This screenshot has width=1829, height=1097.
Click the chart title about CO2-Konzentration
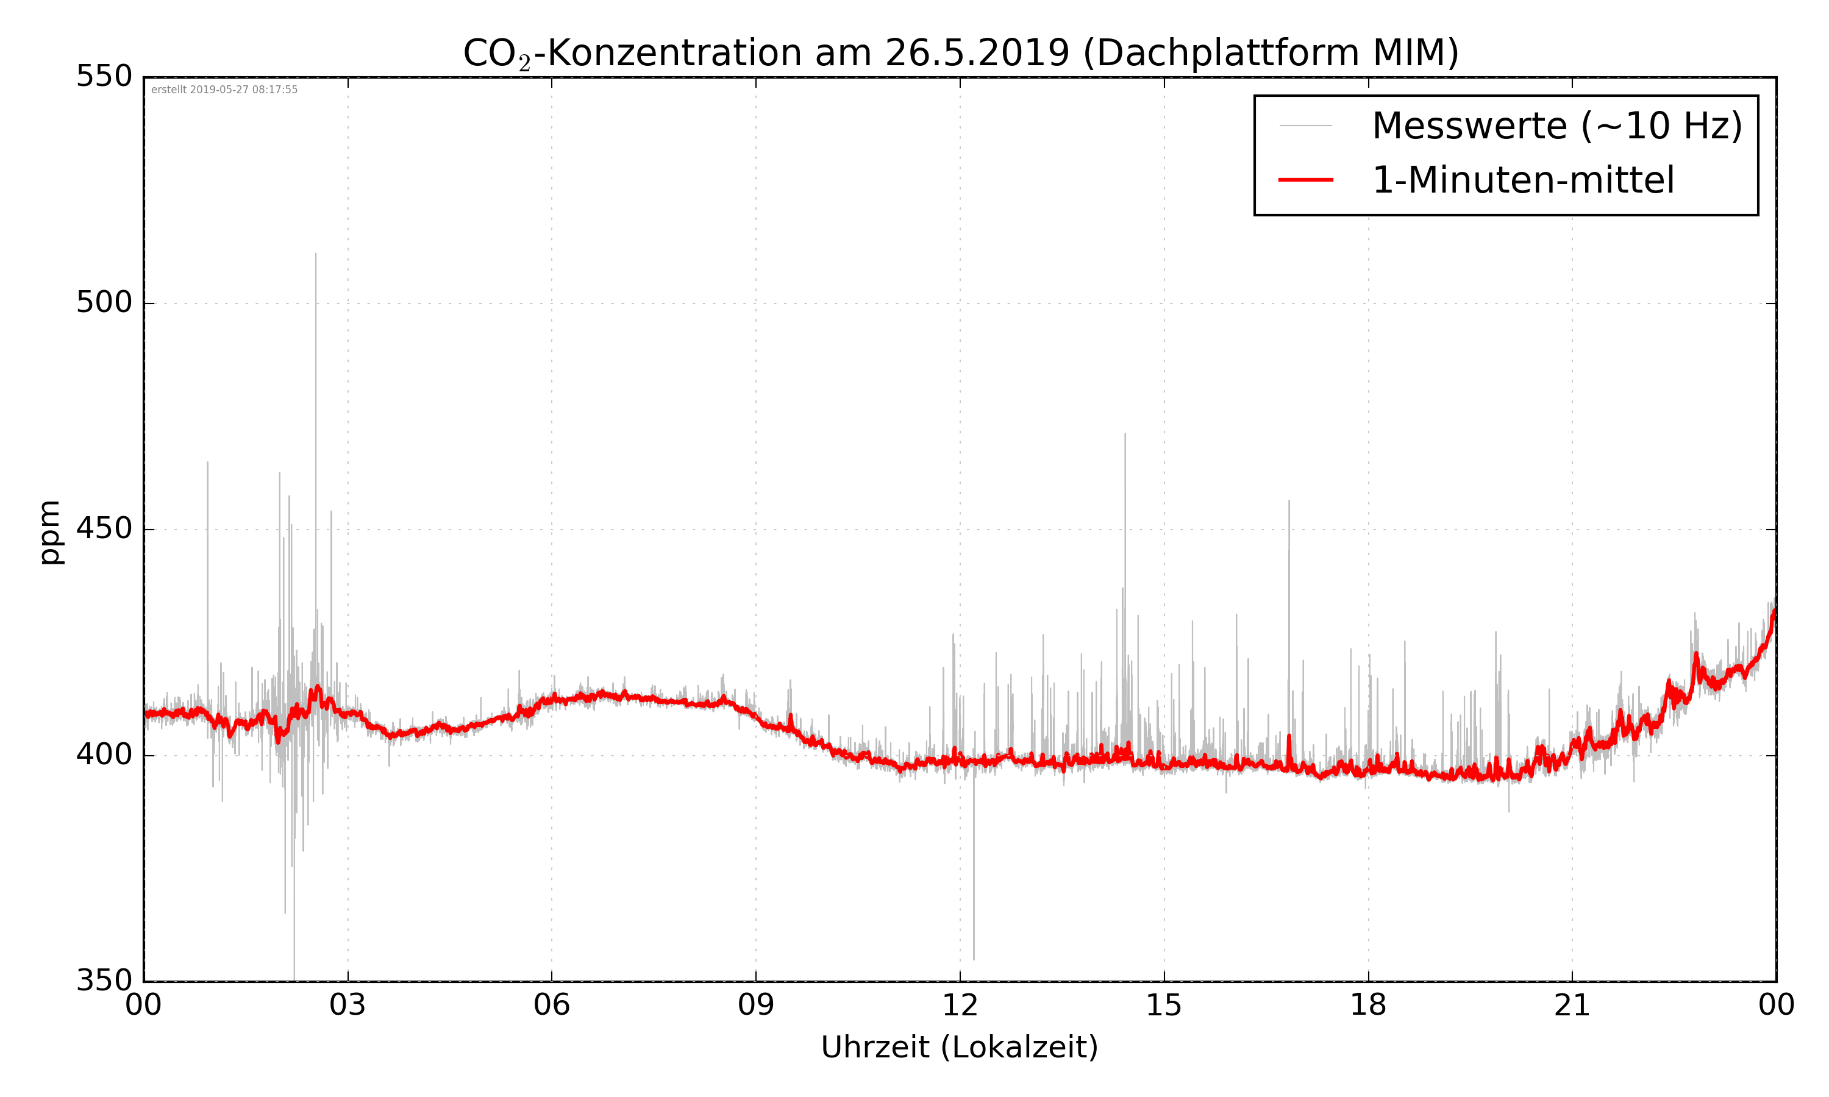click(960, 53)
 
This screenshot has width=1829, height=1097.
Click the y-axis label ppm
click(50, 532)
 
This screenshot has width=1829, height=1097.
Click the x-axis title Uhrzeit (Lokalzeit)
click(960, 1047)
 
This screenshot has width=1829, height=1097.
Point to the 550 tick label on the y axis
click(104, 76)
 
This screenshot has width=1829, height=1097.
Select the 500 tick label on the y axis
click(104, 302)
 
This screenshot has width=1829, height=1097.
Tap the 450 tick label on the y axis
click(104, 528)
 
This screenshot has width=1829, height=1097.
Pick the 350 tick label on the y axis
click(104, 981)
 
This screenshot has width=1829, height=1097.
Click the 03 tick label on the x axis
click(348, 1006)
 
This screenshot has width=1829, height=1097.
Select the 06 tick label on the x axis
click(552, 1006)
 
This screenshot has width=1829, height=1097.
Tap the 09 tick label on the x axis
click(755, 1006)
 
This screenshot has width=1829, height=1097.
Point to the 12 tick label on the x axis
click(960, 1006)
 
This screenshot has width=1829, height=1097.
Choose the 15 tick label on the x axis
click(1164, 1006)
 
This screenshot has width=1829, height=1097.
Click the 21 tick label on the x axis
click(1572, 1006)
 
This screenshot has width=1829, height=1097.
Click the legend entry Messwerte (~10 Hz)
click(1557, 126)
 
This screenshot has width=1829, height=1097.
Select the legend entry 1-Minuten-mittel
click(1523, 180)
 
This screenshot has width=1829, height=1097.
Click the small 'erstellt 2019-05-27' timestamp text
click(224, 90)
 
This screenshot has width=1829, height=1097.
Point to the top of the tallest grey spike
click(316, 254)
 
